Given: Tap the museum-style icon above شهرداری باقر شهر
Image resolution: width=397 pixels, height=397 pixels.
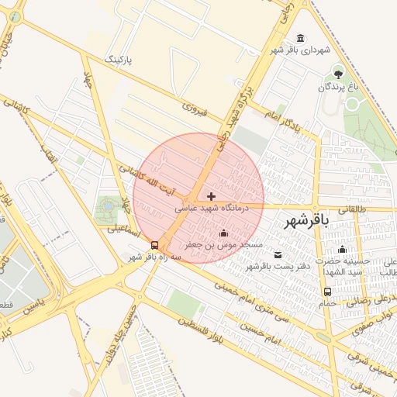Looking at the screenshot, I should [x=300, y=39].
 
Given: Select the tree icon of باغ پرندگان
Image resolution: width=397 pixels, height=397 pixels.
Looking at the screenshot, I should [x=338, y=74].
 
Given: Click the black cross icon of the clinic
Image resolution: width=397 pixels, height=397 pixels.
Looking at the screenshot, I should [x=211, y=196].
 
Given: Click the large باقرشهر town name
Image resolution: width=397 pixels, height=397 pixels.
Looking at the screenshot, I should [x=306, y=220].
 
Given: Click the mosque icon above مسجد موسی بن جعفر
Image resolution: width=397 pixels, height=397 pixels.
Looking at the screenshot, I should [x=224, y=233].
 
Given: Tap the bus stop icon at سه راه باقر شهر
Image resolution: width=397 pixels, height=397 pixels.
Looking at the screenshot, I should [x=154, y=245].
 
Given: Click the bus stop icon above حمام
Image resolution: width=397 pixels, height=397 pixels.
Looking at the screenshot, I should [x=327, y=292].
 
